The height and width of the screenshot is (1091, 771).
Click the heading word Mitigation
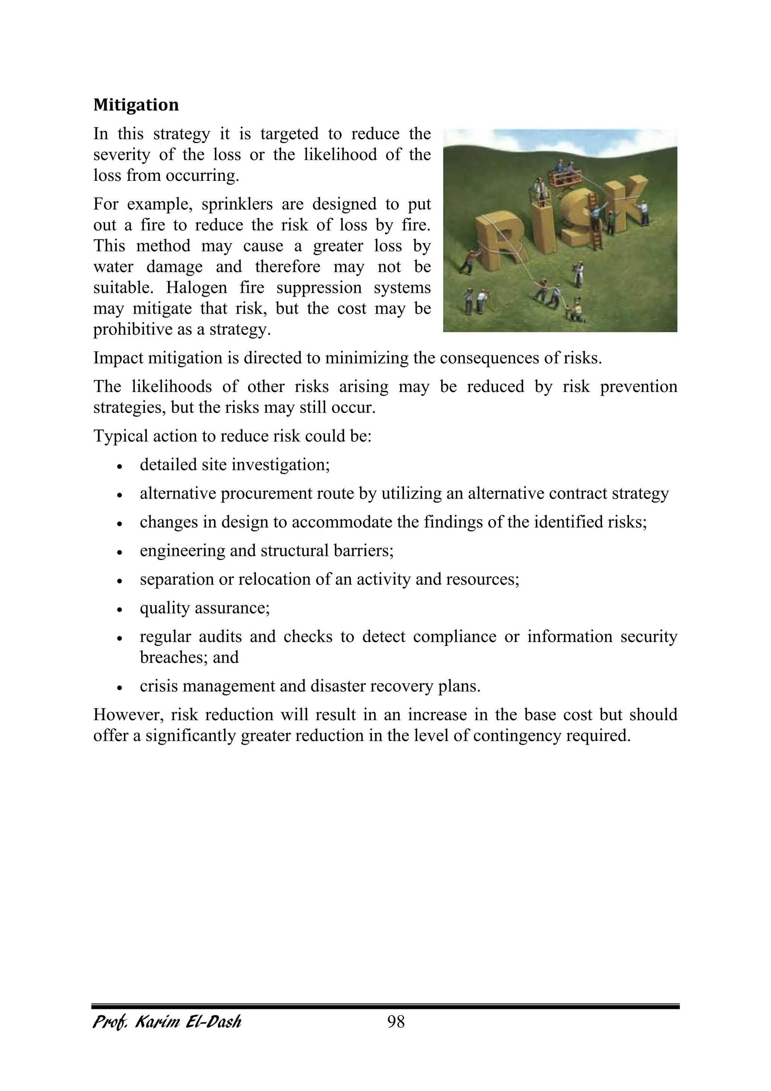(136, 105)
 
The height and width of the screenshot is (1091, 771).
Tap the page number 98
(396, 1021)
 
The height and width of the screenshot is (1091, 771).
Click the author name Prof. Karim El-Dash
(167, 1021)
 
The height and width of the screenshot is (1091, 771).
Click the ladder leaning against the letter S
(595, 223)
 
